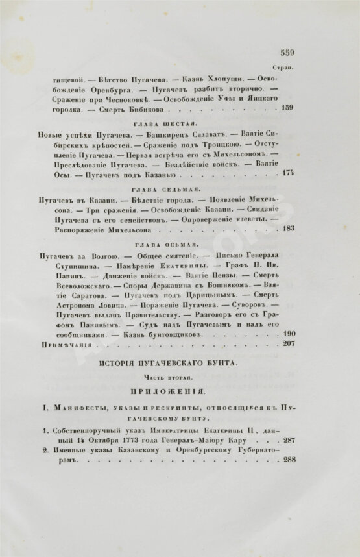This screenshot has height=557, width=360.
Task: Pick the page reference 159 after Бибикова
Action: (x=287, y=108)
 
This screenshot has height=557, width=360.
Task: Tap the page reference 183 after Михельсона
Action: (x=287, y=228)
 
